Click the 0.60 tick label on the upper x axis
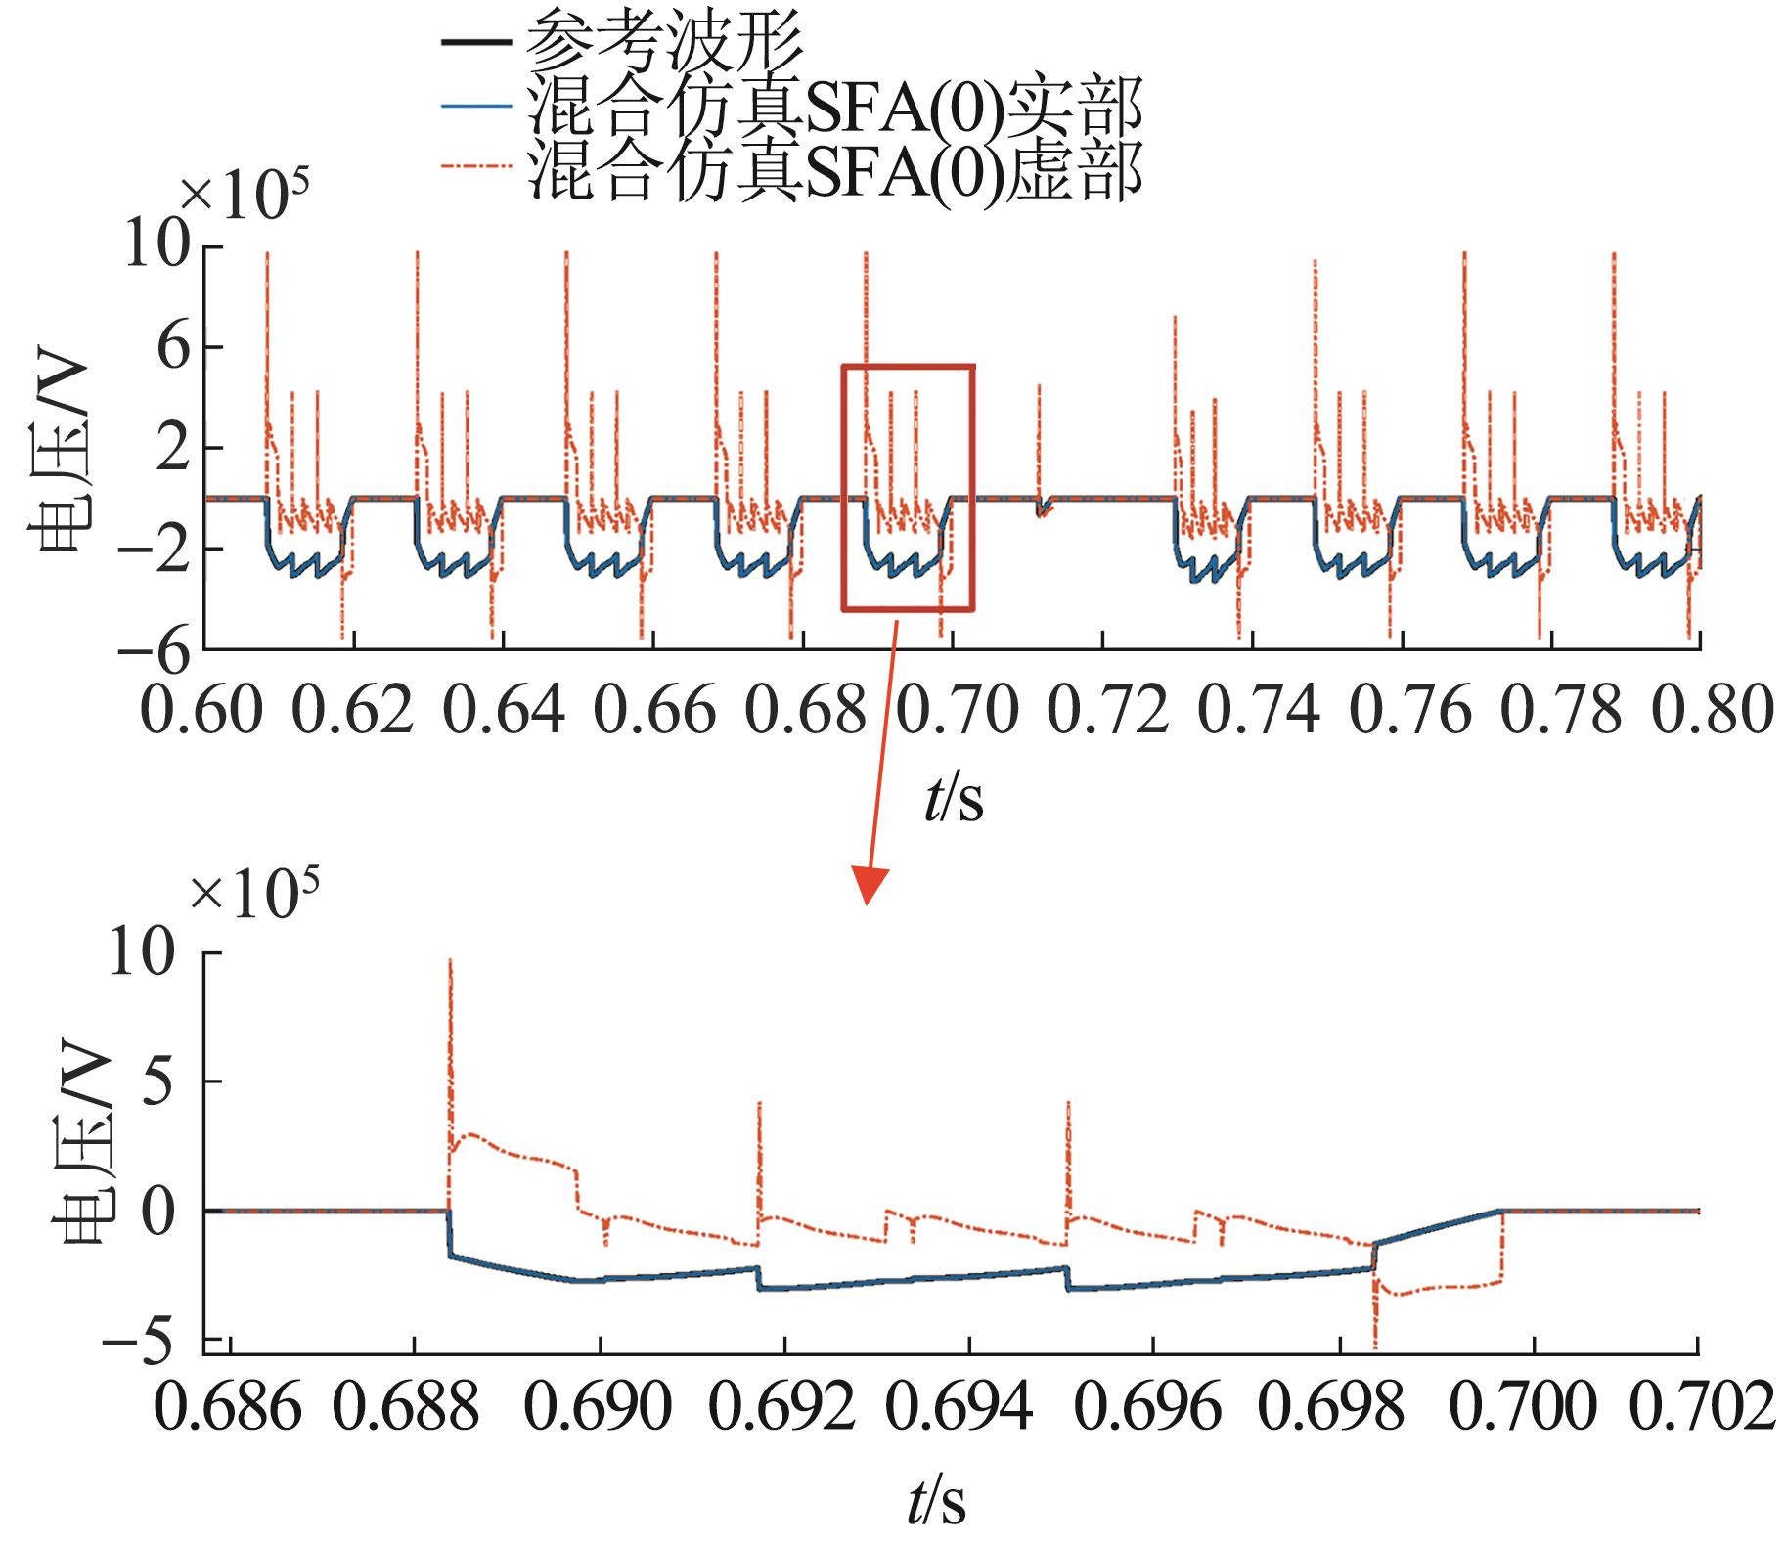(x=203, y=712)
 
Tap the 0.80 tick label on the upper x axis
(x=1706, y=712)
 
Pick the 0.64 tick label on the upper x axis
(x=503, y=712)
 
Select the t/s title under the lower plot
(x=935, y=1502)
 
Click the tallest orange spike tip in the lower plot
(x=449, y=961)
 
